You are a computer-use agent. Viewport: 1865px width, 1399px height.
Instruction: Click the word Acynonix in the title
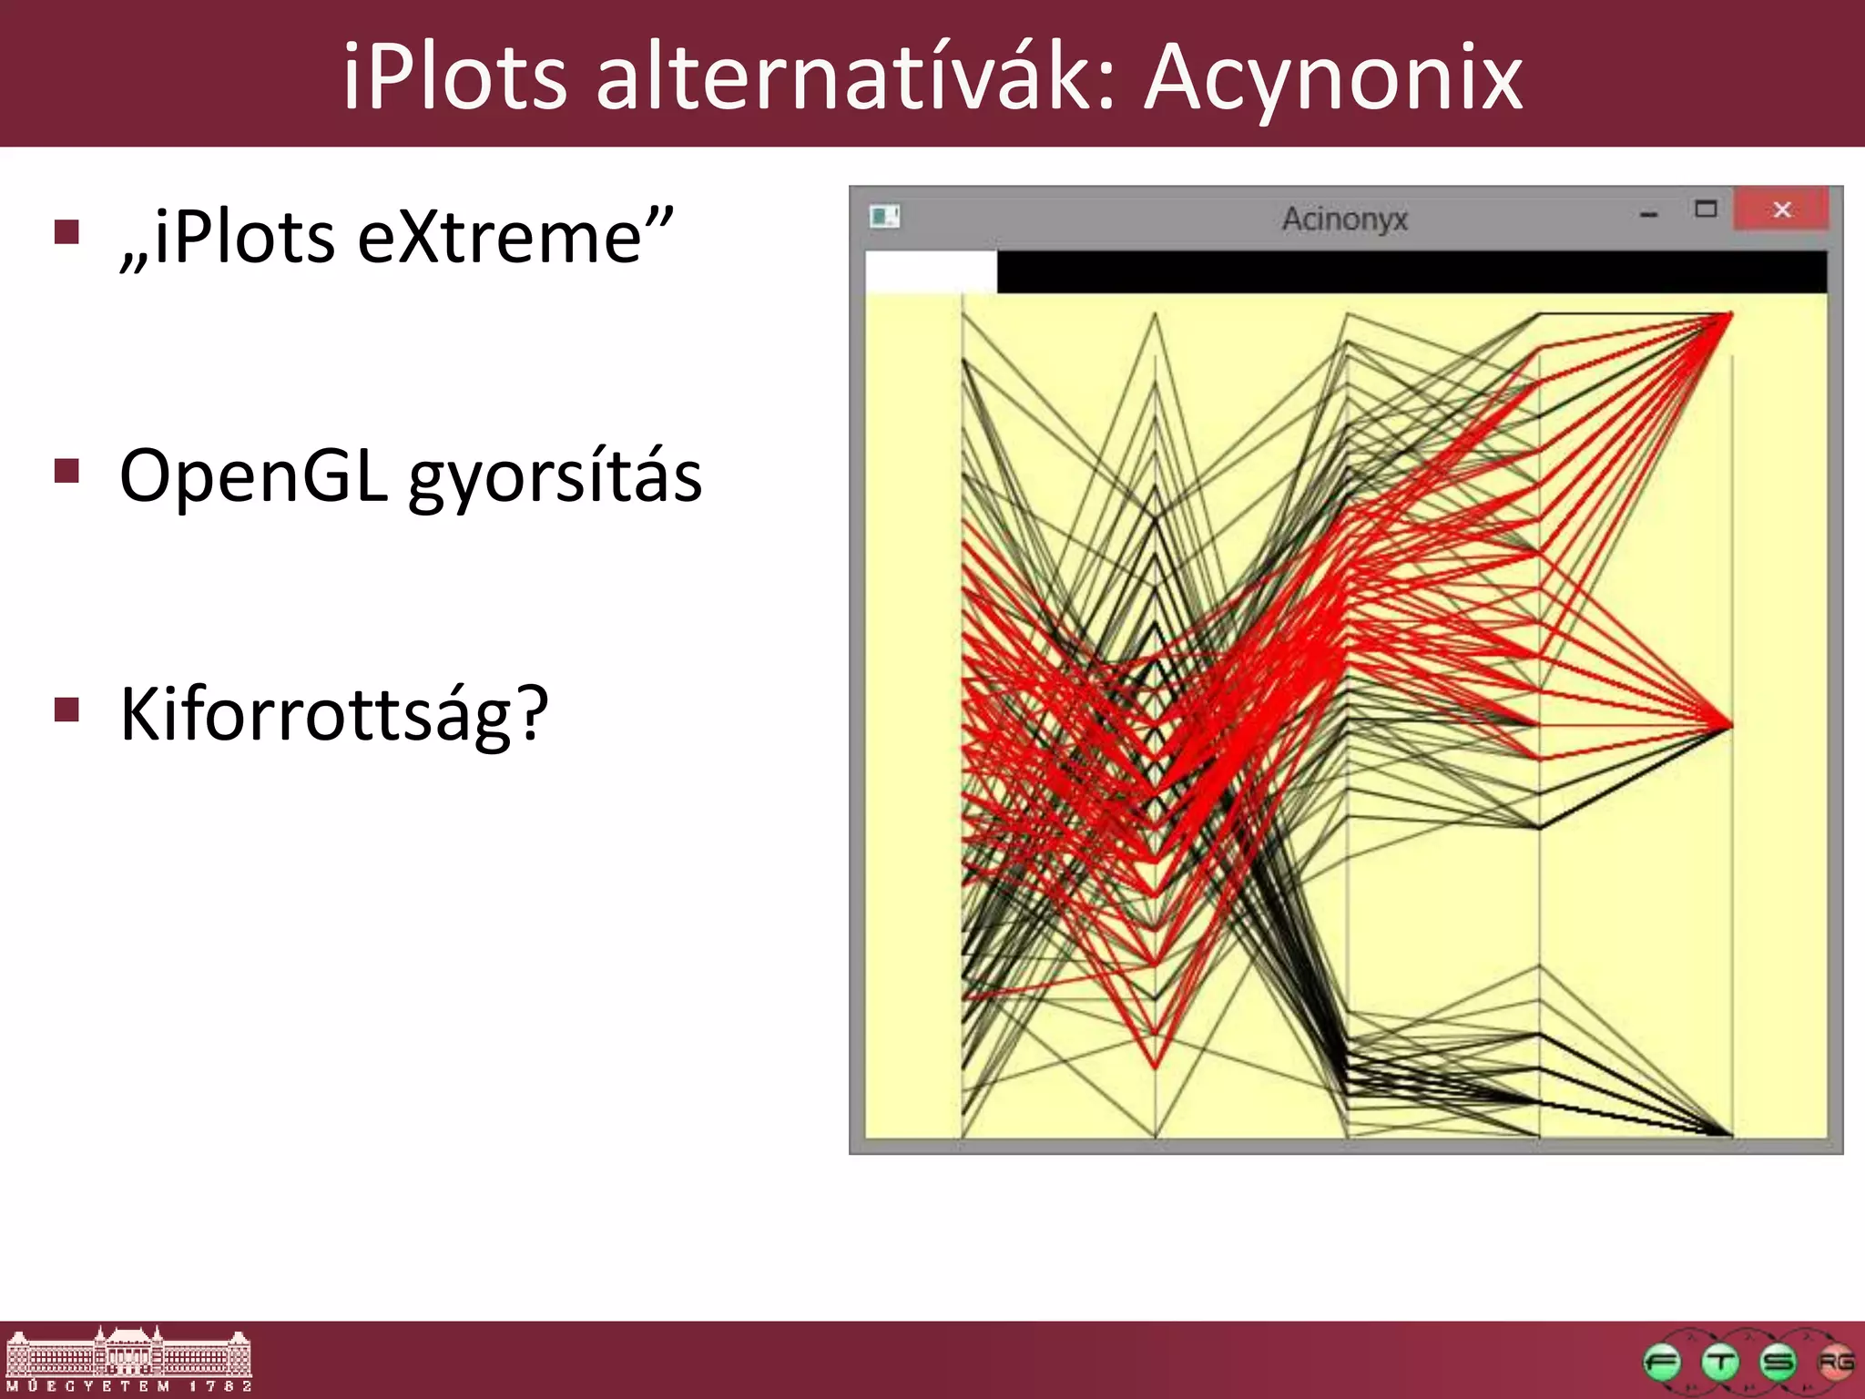(x=1333, y=80)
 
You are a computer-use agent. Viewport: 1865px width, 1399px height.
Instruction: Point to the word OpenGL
(x=253, y=476)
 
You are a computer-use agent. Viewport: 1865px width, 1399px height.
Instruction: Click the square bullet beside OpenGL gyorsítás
(x=66, y=471)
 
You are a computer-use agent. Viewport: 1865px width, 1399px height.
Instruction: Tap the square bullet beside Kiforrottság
(x=66, y=709)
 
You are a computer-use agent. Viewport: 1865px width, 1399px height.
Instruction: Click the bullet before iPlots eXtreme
(x=66, y=232)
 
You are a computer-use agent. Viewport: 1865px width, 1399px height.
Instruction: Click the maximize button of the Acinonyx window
(x=1706, y=210)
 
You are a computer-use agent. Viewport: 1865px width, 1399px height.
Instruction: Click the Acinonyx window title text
(x=1344, y=219)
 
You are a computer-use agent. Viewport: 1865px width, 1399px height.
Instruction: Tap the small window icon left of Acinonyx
(x=883, y=216)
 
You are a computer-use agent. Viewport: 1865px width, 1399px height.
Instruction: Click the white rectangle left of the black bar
(x=930, y=272)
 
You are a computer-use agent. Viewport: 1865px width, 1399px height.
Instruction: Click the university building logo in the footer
(x=129, y=1360)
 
